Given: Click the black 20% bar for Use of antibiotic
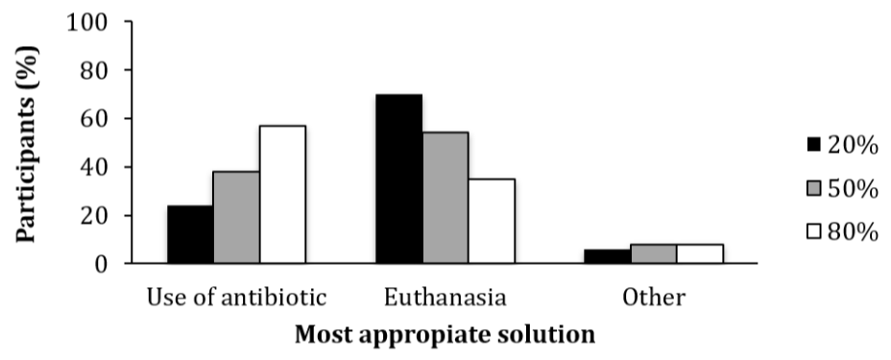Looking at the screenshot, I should pyautogui.click(x=190, y=234).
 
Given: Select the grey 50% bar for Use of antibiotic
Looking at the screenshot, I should pyautogui.click(x=236, y=217).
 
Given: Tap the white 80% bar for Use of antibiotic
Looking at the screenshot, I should pyautogui.click(x=282, y=194).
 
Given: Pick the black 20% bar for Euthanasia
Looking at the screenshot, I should pyautogui.click(x=398, y=179).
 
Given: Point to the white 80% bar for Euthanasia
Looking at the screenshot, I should pyautogui.click(x=491, y=221).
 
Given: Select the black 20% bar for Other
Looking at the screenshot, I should pyautogui.click(x=607, y=256).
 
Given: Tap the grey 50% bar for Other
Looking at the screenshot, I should pyautogui.click(x=653, y=253).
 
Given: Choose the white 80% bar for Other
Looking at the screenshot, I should pyautogui.click(x=699, y=253).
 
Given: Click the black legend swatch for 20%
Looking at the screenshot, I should pyautogui.click(x=814, y=145).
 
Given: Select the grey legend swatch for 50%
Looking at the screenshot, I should pyautogui.click(x=814, y=188).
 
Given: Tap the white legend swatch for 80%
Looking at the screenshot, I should pyautogui.click(x=814, y=231).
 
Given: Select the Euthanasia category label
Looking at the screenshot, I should pyautogui.click(x=445, y=298).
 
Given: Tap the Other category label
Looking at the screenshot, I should pyautogui.click(x=653, y=298).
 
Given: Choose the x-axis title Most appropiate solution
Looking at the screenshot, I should pyautogui.click(x=445, y=336).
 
